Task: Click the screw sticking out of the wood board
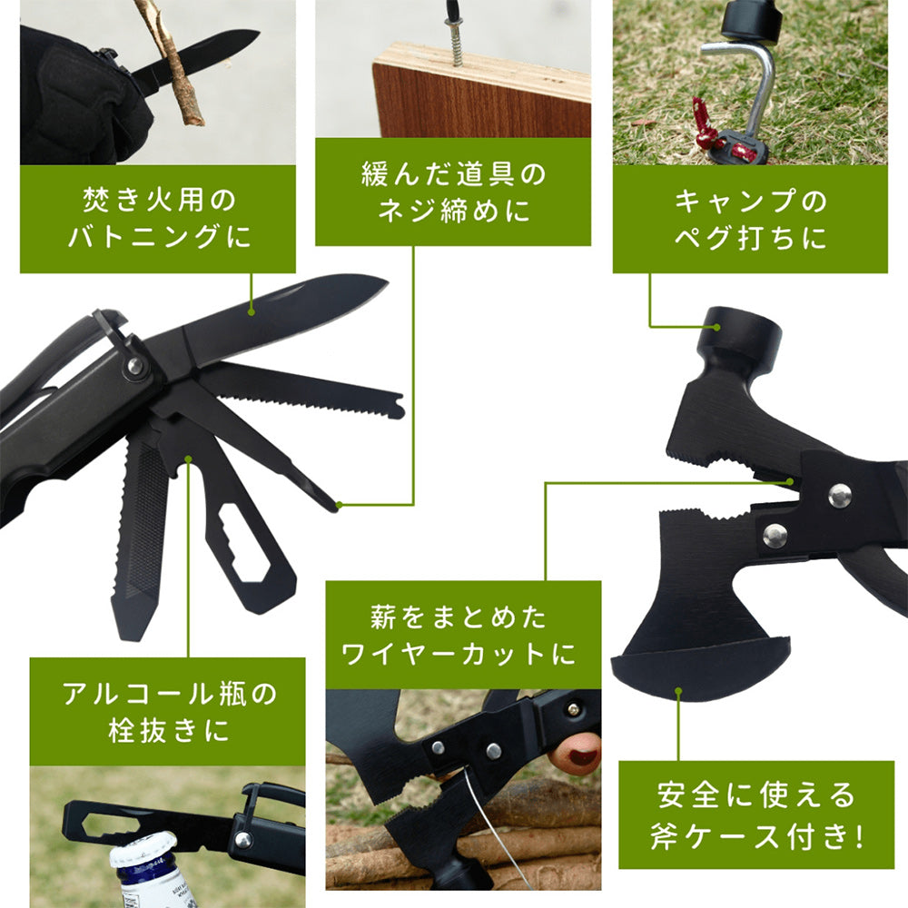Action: (x=456, y=41)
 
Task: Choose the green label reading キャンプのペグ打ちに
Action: (x=750, y=219)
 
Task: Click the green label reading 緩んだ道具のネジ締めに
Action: (x=453, y=192)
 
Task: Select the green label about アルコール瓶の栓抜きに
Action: (x=167, y=711)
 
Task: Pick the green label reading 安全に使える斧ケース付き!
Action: (x=756, y=814)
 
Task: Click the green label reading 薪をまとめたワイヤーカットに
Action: (x=463, y=635)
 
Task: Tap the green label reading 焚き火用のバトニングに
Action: (x=157, y=219)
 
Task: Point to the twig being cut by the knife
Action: (x=170, y=61)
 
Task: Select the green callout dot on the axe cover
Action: (x=678, y=691)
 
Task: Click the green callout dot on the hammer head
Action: (x=716, y=327)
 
